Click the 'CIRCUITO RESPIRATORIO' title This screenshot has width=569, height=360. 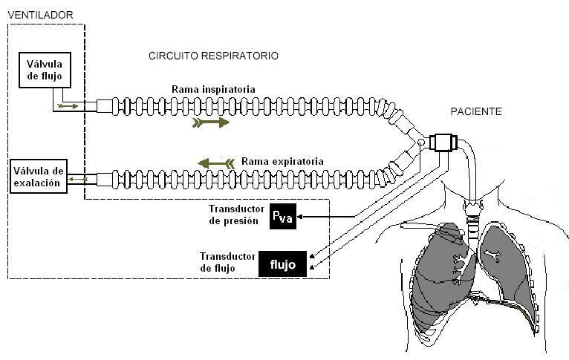point(214,56)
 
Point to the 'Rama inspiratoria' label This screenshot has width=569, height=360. point(213,90)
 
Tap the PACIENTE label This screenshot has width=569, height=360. point(476,111)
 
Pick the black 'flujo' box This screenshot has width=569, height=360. point(282,264)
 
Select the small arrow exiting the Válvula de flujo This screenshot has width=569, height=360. point(69,107)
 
